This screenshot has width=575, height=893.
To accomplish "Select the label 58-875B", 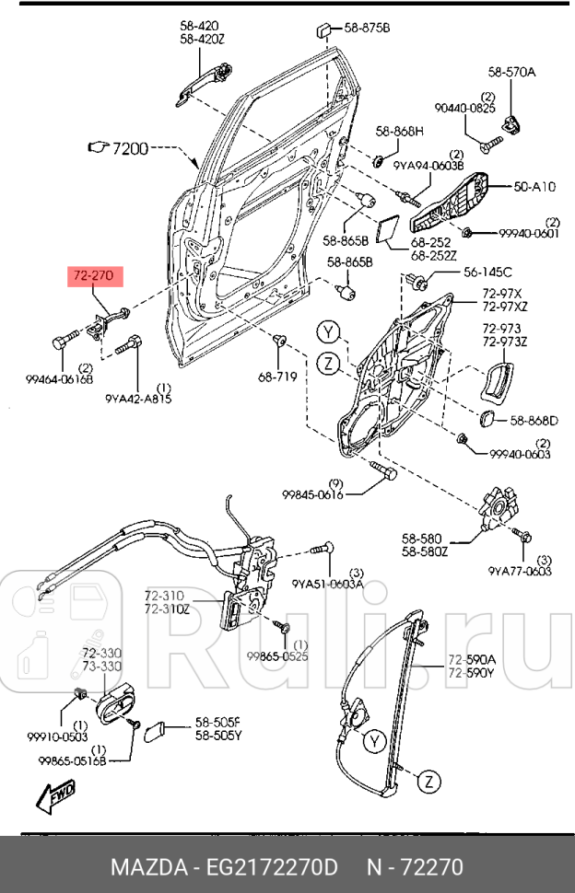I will [x=367, y=29].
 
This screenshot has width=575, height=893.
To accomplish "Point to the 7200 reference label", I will [x=129, y=147].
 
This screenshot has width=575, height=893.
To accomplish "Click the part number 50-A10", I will [x=534, y=186].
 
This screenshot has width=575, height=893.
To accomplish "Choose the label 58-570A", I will [x=511, y=71].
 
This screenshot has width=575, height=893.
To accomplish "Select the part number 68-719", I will [x=277, y=377].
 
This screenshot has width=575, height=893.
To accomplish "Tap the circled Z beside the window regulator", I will [x=428, y=782].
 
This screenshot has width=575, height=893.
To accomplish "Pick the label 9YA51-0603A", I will [x=327, y=583].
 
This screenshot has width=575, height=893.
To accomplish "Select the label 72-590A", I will [x=472, y=659].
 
